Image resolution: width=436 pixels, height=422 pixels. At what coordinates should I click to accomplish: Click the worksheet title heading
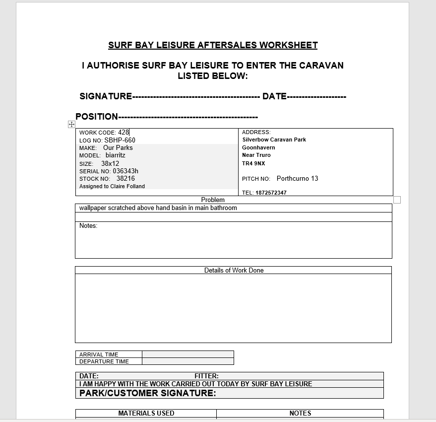(x=213, y=45)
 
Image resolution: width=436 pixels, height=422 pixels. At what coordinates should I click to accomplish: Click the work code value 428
(x=124, y=133)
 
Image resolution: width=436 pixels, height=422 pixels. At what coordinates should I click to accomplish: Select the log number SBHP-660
(x=120, y=140)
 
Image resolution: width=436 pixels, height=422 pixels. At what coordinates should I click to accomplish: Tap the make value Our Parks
(x=118, y=147)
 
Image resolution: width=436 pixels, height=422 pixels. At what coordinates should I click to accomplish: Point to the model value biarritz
(x=116, y=155)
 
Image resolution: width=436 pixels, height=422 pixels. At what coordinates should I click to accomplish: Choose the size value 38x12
(x=110, y=163)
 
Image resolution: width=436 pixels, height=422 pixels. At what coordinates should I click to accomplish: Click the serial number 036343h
(x=125, y=171)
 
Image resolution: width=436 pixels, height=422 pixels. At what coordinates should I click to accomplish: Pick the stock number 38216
(x=125, y=179)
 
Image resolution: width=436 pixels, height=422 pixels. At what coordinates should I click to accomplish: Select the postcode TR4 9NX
(x=253, y=163)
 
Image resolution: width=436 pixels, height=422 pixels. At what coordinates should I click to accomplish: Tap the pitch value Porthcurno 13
(x=297, y=179)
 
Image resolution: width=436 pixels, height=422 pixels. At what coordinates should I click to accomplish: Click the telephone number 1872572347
(x=271, y=193)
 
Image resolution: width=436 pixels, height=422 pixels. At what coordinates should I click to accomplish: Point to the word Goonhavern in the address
(x=258, y=147)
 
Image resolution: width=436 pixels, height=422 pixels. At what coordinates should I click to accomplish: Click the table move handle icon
(x=71, y=124)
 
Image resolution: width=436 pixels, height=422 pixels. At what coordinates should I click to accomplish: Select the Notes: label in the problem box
(x=88, y=226)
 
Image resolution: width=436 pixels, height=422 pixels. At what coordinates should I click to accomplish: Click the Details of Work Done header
(x=234, y=271)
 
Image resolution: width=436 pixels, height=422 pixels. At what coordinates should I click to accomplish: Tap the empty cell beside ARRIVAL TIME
(x=187, y=354)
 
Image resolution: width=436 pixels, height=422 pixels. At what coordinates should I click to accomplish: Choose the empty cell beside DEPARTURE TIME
(x=187, y=361)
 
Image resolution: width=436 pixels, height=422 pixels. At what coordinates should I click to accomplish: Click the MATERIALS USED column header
(x=146, y=413)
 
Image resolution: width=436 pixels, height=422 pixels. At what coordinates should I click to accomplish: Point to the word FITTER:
(x=206, y=376)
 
